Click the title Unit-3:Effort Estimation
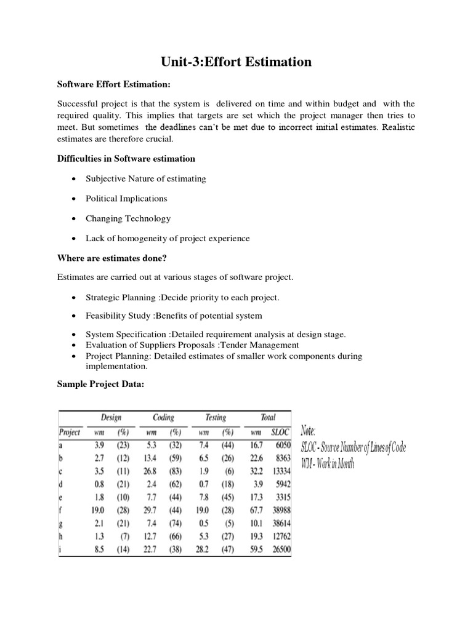(236, 62)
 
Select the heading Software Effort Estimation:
(113, 84)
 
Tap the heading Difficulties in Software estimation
(126, 159)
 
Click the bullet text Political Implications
(127, 198)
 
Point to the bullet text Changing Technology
(129, 218)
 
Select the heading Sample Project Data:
(102, 383)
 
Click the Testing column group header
(216, 418)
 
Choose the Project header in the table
(70, 432)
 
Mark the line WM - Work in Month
(329, 465)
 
